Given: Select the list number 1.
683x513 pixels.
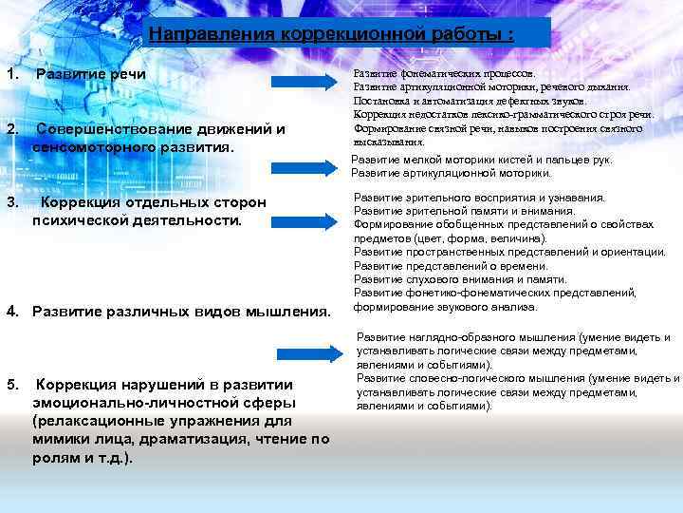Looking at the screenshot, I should (x=10, y=74).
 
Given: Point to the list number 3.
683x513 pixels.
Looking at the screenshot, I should (x=10, y=202).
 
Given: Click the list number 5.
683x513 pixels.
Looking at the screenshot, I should (x=10, y=384).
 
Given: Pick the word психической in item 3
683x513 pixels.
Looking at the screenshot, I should (x=80, y=220).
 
